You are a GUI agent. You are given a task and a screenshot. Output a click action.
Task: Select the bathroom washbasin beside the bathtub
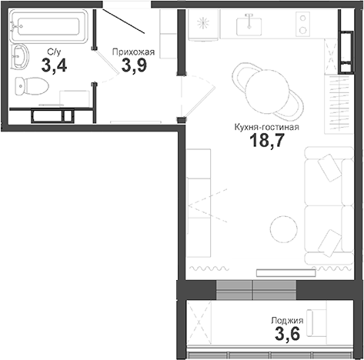pos(21,58)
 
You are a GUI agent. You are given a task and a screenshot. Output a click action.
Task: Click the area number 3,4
pos(54,66)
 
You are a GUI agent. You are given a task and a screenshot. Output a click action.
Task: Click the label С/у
pos(54,52)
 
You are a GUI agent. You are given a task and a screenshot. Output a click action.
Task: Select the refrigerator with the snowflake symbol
pos(203,25)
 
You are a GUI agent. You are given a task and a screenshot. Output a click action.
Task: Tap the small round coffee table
pos(283,227)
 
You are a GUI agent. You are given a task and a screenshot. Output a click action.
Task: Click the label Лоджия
pos(287,321)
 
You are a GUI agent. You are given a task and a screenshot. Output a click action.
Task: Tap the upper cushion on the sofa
pos(329,166)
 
